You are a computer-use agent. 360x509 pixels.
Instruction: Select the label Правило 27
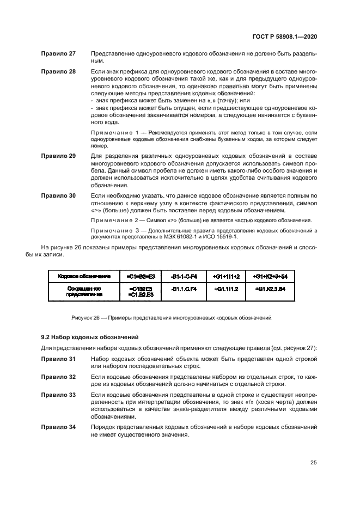59,54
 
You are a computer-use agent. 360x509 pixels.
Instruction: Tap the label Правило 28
59,72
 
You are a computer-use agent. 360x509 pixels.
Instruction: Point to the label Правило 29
59,156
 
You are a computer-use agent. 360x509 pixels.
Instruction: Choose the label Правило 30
59,195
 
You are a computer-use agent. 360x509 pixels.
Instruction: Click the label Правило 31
59,360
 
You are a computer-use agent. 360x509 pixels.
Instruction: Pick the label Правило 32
59,377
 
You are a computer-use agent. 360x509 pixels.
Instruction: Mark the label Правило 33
59,394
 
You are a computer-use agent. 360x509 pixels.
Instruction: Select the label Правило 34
59,427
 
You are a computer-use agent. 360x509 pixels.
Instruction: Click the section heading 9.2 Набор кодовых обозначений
90,338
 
